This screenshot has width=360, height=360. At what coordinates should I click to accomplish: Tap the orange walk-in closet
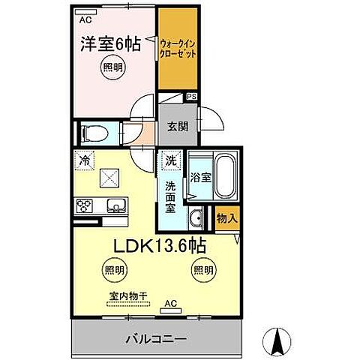point(178,52)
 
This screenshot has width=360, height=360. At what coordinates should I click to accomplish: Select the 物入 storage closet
point(226,218)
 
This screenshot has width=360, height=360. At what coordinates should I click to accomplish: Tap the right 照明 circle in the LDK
point(202,269)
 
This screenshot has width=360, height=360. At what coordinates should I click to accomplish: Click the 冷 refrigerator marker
point(86,160)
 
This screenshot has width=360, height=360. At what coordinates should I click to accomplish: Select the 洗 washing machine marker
point(170,160)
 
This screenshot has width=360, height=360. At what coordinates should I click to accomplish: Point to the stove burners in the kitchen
point(84,205)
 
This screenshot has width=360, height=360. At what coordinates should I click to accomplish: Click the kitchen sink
point(117,205)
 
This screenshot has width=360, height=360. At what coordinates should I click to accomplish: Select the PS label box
point(192,97)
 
